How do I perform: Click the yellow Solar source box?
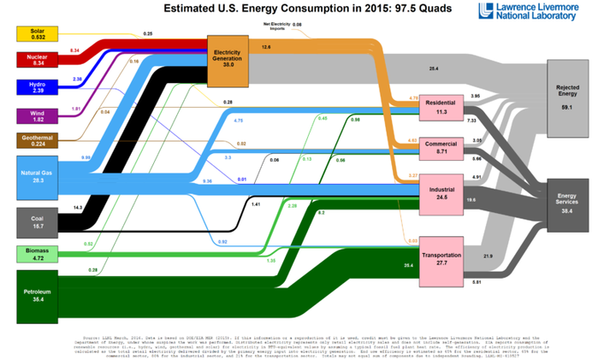(x=37, y=34)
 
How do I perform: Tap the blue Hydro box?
(x=37, y=87)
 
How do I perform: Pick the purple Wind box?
(x=37, y=115)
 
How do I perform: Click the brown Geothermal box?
(x=37, y=141)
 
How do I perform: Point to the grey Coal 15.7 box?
(x=37, y=221)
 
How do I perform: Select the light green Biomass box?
(x=37, y=253)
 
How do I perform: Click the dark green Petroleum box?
(x=37, y=295)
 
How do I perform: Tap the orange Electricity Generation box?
(x=228, y=61)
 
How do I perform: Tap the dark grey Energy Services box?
(x=567, y=204)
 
